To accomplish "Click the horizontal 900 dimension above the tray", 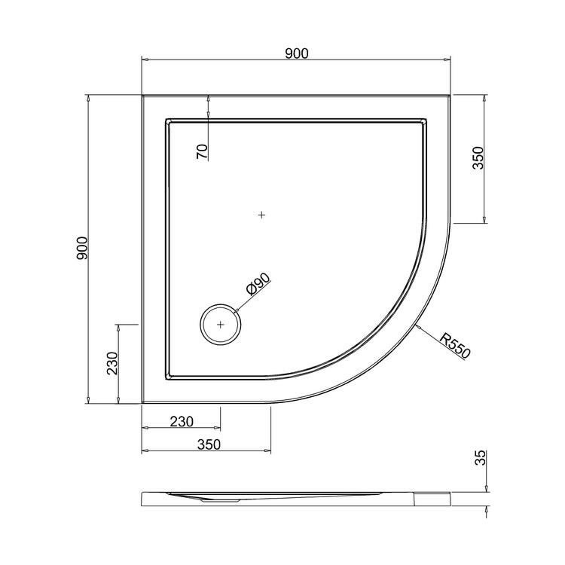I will (x=296, y=53).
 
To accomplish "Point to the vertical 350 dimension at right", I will (x=478, y=158).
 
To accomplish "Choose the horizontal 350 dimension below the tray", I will (x=208, y=444).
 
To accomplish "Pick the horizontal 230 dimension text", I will (x=182, y=421).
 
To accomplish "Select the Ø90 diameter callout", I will (x=257, y=287).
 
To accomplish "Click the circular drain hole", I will (x=220, y=325).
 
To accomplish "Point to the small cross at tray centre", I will (x=261, y=215).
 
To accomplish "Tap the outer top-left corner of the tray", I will (x=142, y=96).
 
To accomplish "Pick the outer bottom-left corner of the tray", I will (x=142, y=404).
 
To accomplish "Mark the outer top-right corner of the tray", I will (x=450, y=96).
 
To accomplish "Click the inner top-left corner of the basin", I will (x=166, y=119).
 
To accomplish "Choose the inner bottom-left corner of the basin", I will (x=166, y=379).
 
